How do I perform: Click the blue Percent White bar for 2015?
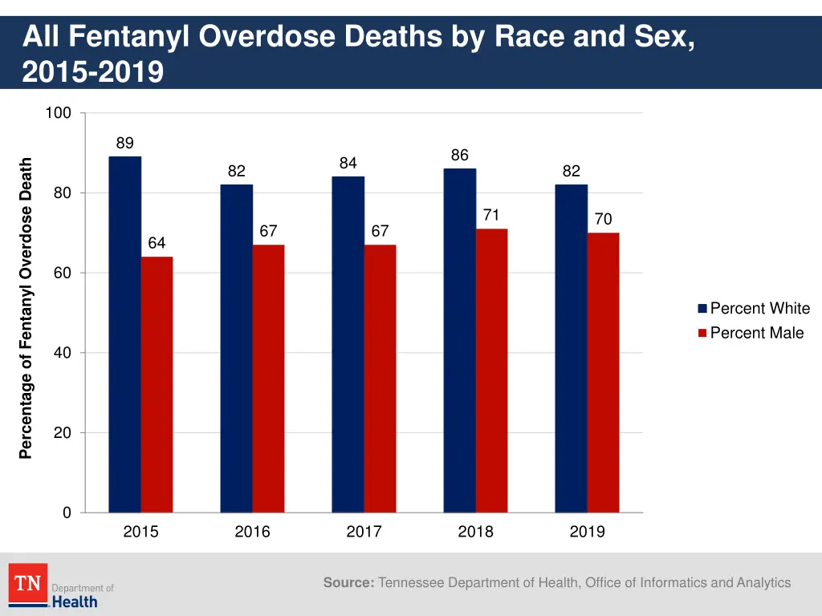(124, 334)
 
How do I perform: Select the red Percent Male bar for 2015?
(157, 384)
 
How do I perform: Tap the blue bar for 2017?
(348, 344)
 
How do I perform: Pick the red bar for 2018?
(491, 371)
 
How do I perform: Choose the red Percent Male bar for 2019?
(603, 372)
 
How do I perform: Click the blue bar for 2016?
(236, 348)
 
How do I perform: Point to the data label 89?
(124, 144)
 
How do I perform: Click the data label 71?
(491, 215)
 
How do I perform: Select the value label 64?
(157, 243)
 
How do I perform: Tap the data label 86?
(459, 155)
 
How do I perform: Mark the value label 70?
(603, 219)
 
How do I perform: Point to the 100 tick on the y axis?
(58, 113)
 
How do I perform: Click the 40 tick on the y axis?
(62, 353)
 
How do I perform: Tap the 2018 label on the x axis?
(475, 532)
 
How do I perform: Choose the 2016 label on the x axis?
(252, 532)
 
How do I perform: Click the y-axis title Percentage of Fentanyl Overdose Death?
(26, 309)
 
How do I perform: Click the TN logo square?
(28, 583)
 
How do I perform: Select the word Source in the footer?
(348, 583)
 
